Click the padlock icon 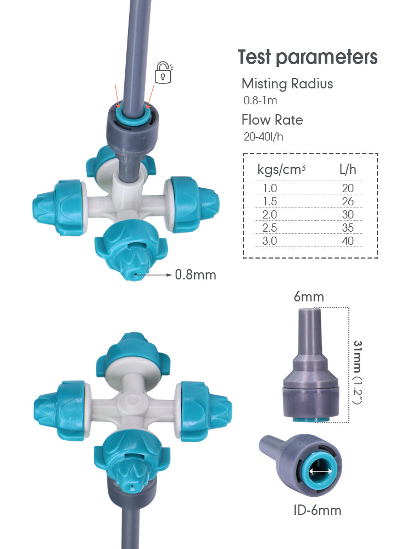pyautogui.click(x=163, y=73)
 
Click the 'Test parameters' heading pyautogui.click(x=308, y=58)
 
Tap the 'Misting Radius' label pyautogui.click(x=287, y=83)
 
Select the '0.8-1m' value pyautogui.click(x=260, y=101)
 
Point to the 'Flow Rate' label pyautogui.click(x=272, y=120)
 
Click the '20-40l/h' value pyautogui.click(x=264, y=137)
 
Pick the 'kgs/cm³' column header pyautogui.click(x=281, y=170)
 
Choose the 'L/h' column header pyautogui.click(x=348, y=170)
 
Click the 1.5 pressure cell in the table pyautogui.click(x=270, y=201)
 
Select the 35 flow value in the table pyautogui.click(x=348, y=228)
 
